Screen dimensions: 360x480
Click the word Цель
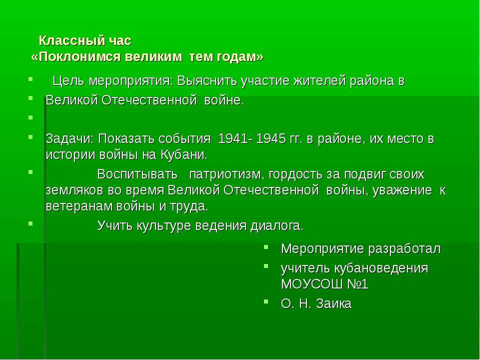point(68,81)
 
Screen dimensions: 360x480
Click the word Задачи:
point(70,138)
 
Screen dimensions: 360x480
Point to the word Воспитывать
point(137,174)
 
